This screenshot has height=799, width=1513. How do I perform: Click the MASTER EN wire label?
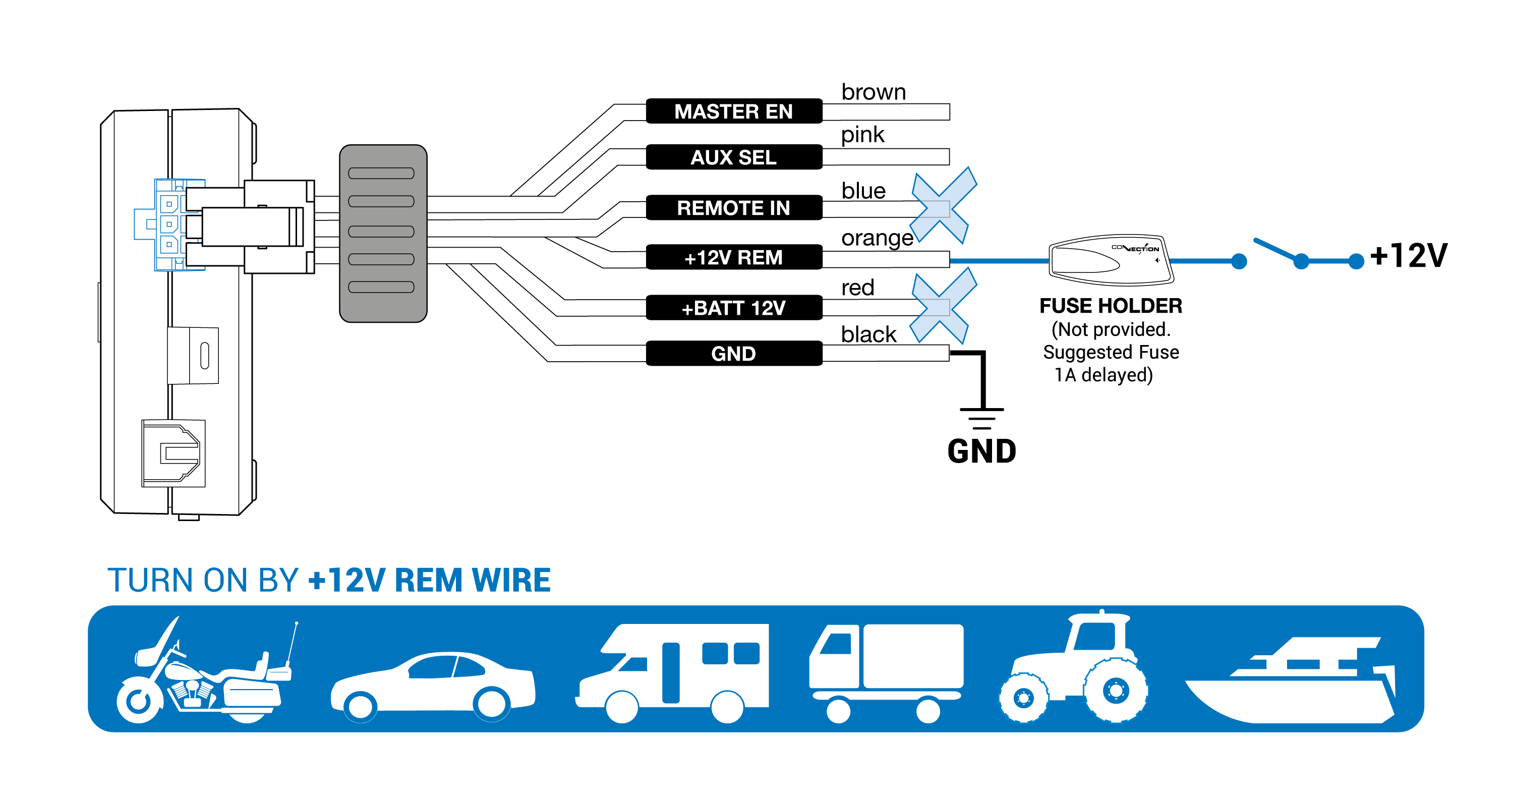click(734, 111)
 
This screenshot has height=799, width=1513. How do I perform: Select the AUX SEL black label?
click(734, 157)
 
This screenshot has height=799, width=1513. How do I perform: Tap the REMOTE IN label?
click(734, 207)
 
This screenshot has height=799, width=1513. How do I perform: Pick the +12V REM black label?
click(734, 257)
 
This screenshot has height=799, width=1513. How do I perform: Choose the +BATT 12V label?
click(734, 307)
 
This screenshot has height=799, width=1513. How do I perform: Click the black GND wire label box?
click(734, 353)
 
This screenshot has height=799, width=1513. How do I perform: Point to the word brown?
click(874, 92)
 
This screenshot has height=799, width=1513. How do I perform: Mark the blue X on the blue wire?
click(943, 206)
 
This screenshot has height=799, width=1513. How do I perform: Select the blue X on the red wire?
click(943, 306)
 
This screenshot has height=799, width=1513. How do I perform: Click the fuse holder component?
click(1111, 260)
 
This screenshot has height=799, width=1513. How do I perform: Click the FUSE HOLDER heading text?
click(1111, 306)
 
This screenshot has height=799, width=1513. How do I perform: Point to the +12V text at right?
click(1409, 256)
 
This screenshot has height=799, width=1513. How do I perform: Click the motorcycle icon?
click(206, 670)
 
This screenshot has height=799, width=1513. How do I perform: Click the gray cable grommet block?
click(383, 233)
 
